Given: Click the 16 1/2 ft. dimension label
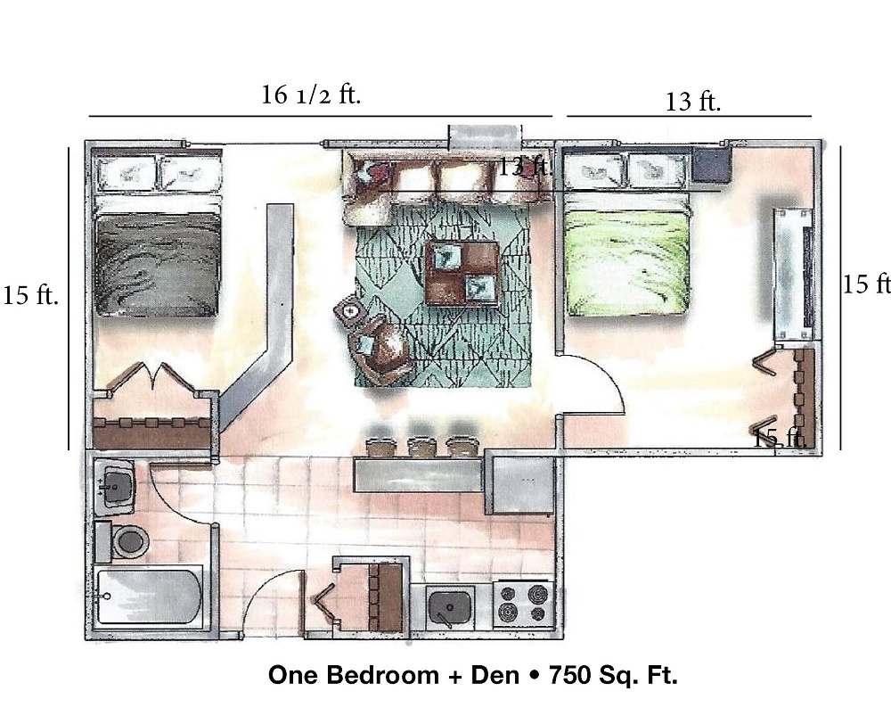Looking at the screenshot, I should tap(311, 95).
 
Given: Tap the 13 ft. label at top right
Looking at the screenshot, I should tap(692, 102).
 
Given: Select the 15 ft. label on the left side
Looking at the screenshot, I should tap(30, 295).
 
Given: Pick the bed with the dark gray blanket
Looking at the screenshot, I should tap(158, 263).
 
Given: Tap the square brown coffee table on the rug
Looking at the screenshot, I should tap(462, 273).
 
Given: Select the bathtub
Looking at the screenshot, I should tap(149, 597).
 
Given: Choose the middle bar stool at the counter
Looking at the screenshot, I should tap(421, 447).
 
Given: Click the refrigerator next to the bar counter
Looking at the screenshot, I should tap(519, 484).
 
